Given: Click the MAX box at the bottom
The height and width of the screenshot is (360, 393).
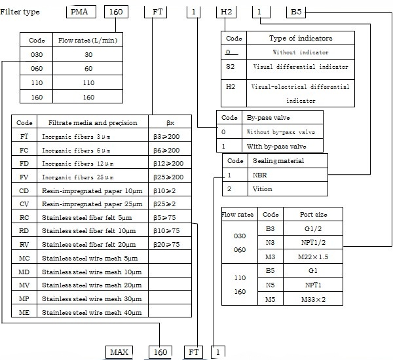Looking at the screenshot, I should (x=120, y=351).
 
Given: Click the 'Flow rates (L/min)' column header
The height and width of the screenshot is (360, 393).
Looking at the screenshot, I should (x=88, y=40).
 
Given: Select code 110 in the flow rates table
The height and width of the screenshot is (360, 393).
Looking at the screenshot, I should (x=37, y=82).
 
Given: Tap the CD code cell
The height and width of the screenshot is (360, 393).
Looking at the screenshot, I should (x=24, y=190).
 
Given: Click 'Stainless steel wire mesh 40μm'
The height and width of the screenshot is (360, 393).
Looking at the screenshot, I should (x=91, y=312).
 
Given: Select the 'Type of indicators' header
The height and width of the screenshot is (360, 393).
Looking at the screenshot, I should (x=301, y=39).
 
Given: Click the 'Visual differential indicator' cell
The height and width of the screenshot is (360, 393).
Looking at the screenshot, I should (x=301, y=67).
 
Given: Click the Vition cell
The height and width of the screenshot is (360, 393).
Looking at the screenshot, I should (x=263, y=189).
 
